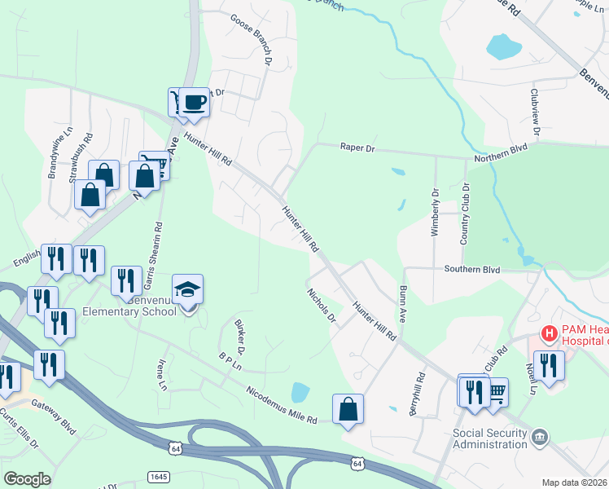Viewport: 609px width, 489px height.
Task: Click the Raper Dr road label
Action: click(358, 149)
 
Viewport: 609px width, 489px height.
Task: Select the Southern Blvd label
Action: click(471, 268)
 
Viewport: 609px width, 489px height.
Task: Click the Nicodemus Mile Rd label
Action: click(281, 404)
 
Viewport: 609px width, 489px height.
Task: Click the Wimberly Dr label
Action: click(435, 213)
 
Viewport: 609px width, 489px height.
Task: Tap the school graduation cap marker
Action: click(188, 290)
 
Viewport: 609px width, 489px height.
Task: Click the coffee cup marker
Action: click(195, 103)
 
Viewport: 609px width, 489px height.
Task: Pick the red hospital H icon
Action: click(550, 333)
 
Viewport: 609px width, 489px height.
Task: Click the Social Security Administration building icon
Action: click(539, 438)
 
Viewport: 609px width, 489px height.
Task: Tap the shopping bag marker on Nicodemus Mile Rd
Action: click(348, 409)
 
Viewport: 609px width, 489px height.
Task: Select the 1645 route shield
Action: click(159, 475)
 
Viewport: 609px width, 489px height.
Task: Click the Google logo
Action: click(28, 478)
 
